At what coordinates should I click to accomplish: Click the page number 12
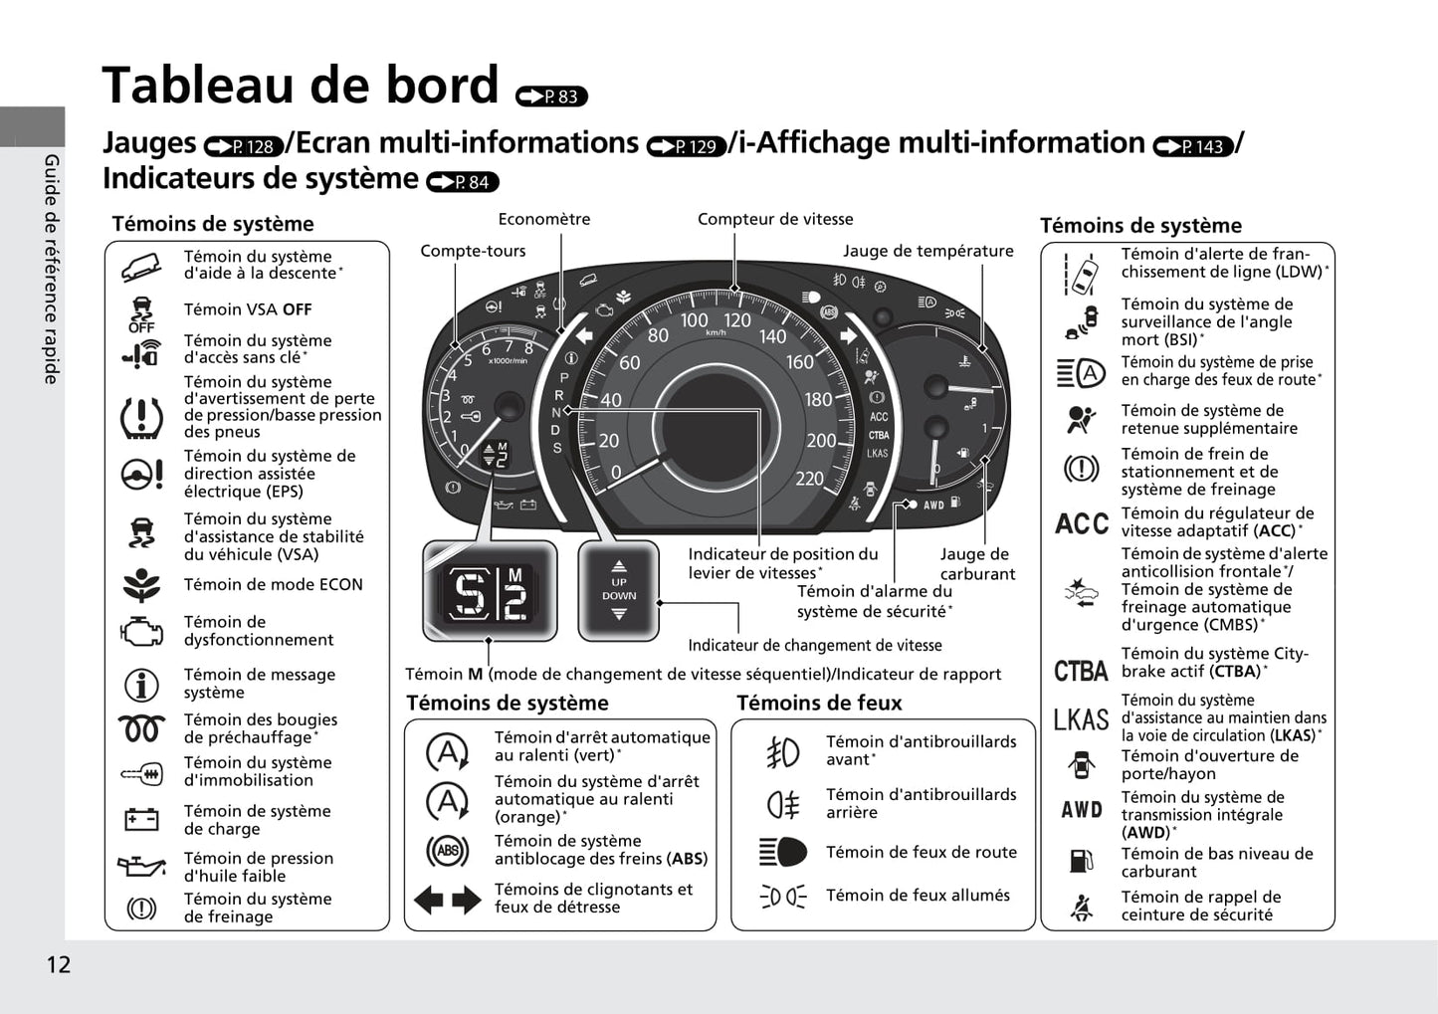pyautogui.click(x=58, y=964)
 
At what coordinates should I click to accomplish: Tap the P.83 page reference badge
pyautogui.click(x=552, y=97)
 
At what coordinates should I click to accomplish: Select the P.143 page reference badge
pyautogui.click(x=1192, y=147)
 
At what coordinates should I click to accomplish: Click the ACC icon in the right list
pyautogui.click(x=1081, y=523)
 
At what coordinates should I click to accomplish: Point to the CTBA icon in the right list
pyautogui.click(x=1081, y=672)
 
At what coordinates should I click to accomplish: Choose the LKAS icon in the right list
pyautogui.click(x=1081, y=719)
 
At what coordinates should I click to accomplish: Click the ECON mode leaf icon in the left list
pyautogui.click(x=141, y=585)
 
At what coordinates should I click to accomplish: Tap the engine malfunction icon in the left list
pyautogui.click(x=141, y=631)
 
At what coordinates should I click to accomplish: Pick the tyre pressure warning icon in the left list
pyautogui.click(x=141, y=417)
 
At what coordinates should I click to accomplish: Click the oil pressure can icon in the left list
pyautogui.click(x=141, y=867)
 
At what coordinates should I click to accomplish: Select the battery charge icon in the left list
pyautogui.click(x=141, y=820)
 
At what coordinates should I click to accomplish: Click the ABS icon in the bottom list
pyautogui.click(x=447, y=851)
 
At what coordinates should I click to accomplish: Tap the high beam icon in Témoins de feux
pyautogui.click(x=783, y=853)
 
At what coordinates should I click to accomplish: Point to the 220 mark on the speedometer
pyautogui.click(x=809, y=479)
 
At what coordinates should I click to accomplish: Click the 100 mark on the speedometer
pyautogui.click(x=694, y=320)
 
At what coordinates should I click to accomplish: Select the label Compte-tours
pyautogui.click(x=473, y=251)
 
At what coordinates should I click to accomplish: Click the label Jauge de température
pyautogui.click(x=927, y=251)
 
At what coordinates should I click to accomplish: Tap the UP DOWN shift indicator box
pyautogui.click(x=618, y=590)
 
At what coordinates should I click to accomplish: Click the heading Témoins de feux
pyautogui.click(x=819, y=703)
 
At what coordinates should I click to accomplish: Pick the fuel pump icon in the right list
pyautogui.click(x=1081, y=862)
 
